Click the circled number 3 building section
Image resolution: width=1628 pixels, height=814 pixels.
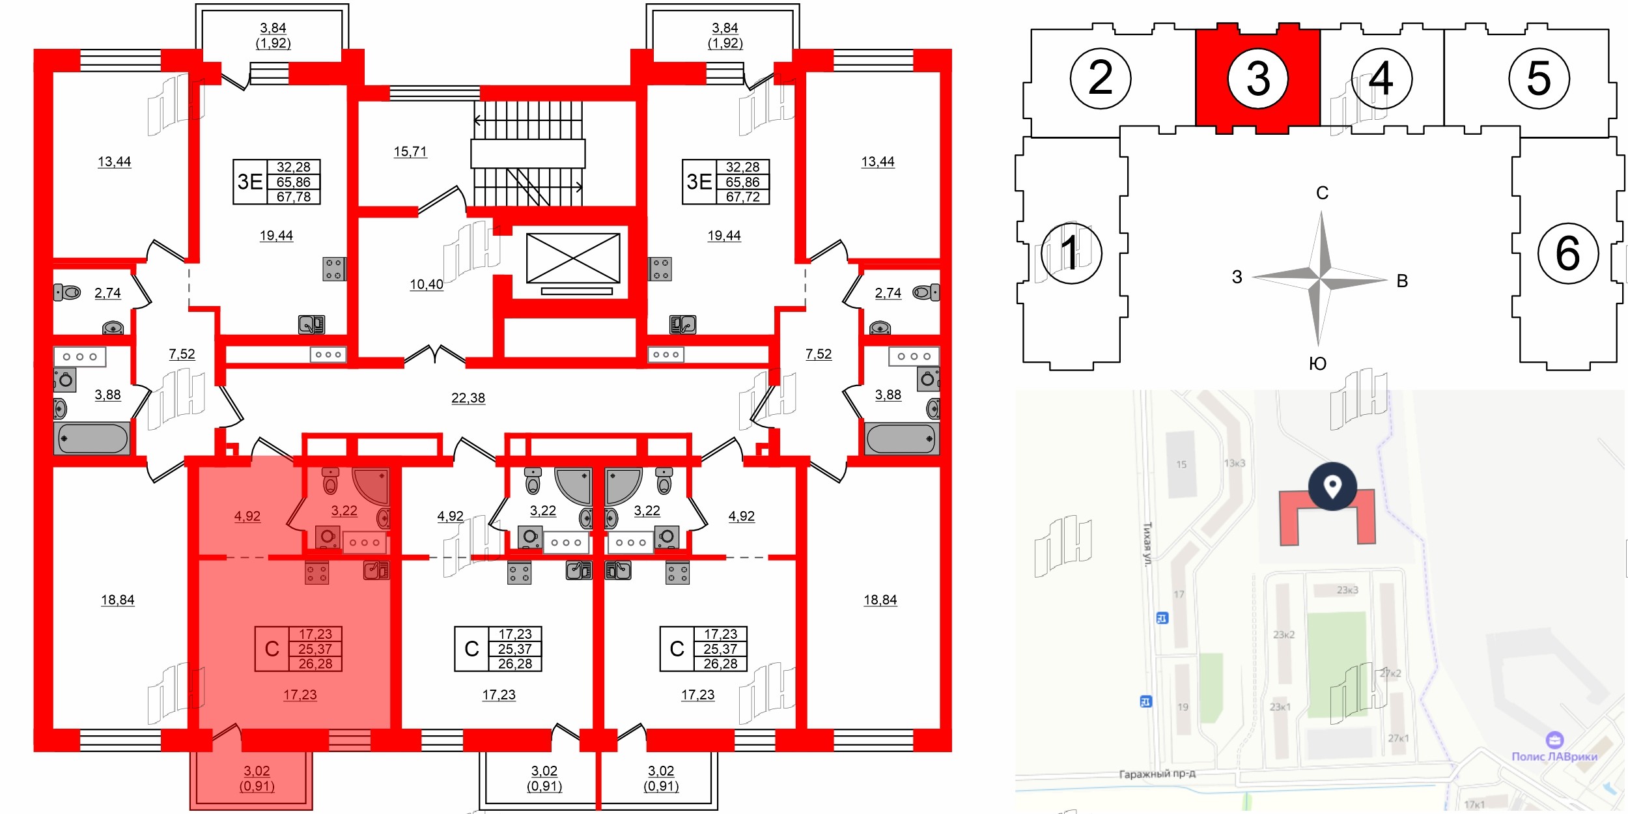pos(1257,79)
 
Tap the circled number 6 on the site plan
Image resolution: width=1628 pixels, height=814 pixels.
pos(1567,253)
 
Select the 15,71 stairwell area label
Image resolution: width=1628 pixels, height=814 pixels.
pos(410,152)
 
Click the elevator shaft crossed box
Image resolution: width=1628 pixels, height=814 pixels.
pos(573,259)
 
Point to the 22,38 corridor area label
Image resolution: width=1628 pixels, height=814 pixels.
pos(468,398)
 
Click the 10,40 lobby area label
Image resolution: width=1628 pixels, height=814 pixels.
pos(427,285)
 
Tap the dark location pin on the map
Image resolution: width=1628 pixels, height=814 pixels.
pos(1332,486)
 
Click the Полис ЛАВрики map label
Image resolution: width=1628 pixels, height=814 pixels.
pos(1554,756)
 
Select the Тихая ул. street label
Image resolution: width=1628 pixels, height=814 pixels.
pos(1147,543)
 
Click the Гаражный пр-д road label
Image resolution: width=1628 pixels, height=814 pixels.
pos(1157,774)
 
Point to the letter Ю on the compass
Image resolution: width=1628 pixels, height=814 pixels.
pos(1317,363)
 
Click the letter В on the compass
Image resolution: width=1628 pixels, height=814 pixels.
pos(1402,281)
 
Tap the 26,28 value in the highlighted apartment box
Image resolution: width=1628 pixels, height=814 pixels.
pos(315,664)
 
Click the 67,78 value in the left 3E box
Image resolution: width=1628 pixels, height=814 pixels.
pos(294,197)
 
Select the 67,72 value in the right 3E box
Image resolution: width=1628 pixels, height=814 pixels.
pos(742,197)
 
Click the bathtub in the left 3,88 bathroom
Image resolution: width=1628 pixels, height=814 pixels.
pos(92,438)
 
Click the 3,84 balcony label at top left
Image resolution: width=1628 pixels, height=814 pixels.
pos(273,28)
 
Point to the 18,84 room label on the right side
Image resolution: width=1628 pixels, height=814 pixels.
pos(880,600)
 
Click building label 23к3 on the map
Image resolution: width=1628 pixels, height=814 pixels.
pos(1347,590)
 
